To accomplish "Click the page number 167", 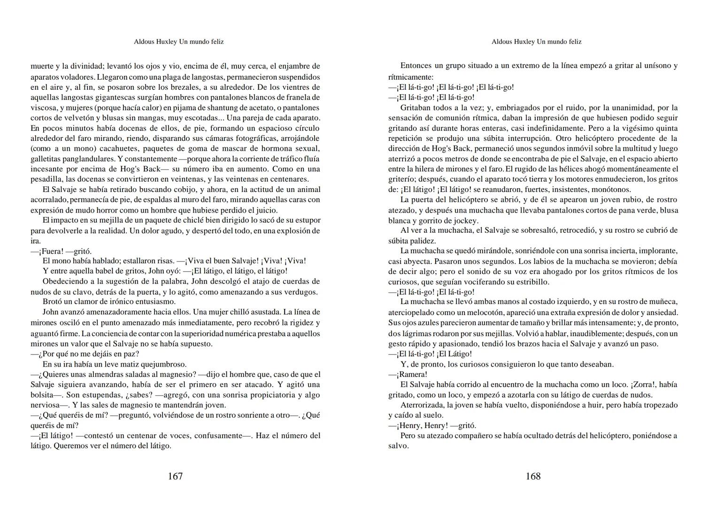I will [x=175, y=476].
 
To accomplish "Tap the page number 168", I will [x=533, y=476].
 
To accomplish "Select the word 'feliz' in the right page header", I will [x=574, y=42].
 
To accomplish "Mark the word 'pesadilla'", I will [x=46, y=179].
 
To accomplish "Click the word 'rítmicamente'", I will [x=410, y=77].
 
